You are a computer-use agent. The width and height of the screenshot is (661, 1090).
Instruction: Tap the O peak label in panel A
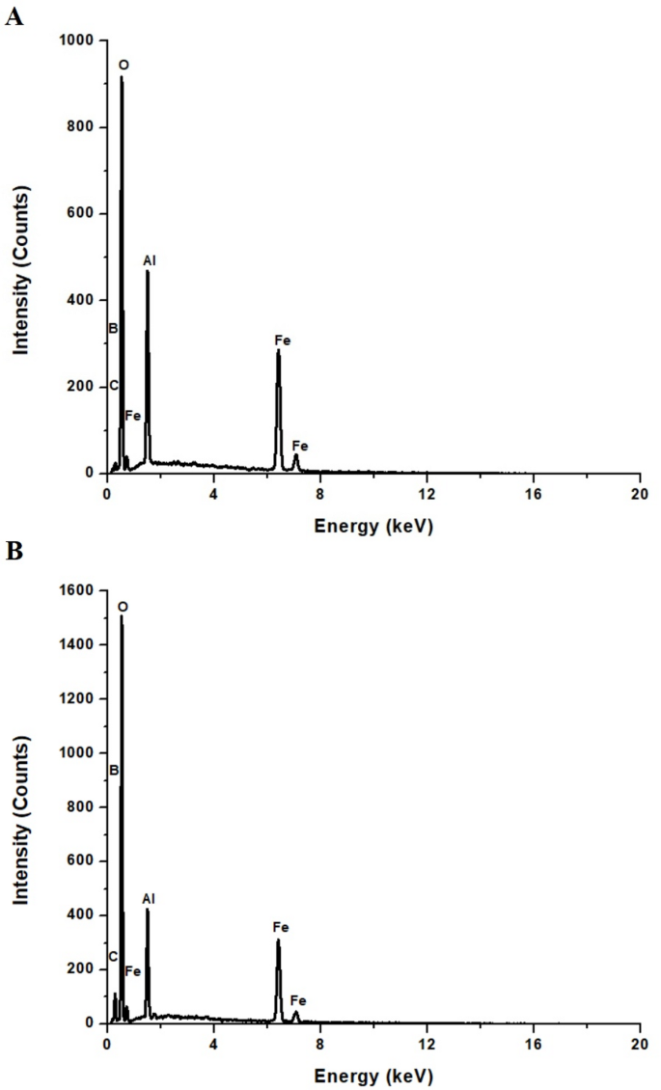click(124, 65)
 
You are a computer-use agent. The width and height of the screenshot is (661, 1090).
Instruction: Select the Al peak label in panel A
click(150, 260)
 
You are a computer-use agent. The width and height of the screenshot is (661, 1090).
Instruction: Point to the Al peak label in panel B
click(149, 899)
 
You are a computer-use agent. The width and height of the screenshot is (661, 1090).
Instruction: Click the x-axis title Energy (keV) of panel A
click(372, 528)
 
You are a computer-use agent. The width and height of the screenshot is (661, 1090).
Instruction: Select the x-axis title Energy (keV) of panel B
click(372, 1076)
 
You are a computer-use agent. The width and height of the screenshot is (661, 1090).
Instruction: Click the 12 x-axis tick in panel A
click(426, 493)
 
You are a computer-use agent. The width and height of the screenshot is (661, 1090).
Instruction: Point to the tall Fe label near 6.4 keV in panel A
click(283, 341)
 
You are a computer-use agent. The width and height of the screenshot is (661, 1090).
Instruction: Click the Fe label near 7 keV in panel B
click(300, 1001)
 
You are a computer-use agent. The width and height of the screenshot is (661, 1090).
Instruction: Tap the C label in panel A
click(113, 386)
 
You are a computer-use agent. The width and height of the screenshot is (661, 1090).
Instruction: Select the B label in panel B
click(114, 771)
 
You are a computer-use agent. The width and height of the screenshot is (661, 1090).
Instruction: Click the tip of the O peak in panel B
click(122, 616)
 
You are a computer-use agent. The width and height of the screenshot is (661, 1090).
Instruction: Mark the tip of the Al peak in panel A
click(148, 271)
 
